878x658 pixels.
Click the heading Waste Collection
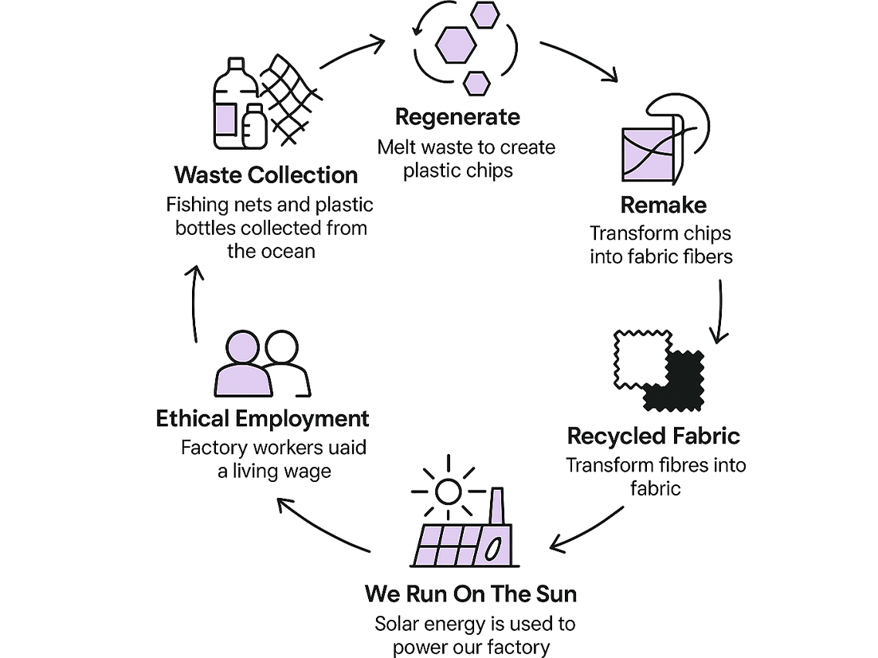click(265, 174)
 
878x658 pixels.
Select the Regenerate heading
click(457, 117)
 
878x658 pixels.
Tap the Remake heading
click(663, 205)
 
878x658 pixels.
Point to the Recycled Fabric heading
click(653, 436)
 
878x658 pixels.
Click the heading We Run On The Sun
click(471, 593)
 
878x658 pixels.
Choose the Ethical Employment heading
click(263, 418)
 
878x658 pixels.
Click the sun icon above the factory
click(449, 492)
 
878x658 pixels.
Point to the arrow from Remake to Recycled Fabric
click(721, 311)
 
